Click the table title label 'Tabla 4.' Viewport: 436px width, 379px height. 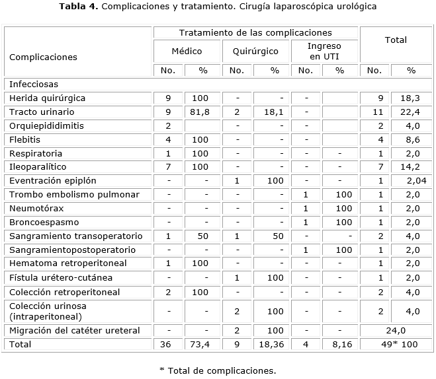tap(79, 7)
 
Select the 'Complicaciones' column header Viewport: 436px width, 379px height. tap(43, 57)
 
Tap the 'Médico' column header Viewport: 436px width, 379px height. tap(187, 51)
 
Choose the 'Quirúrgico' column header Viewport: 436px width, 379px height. tap(255, 51)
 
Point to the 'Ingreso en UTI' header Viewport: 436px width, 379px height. tap(325, 51)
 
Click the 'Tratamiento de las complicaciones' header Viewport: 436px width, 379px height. tap(255, 32)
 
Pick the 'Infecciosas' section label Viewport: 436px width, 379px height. tap(34, 84)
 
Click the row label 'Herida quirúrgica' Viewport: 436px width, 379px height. tap(47, 98)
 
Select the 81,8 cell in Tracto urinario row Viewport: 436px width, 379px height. tap(199, 112)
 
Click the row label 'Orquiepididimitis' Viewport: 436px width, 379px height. tap(46, 125)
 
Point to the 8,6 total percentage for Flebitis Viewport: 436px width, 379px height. tap(411, 139)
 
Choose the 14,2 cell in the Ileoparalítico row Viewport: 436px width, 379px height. tap(411, 166)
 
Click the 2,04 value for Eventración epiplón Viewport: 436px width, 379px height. tap(415, 180)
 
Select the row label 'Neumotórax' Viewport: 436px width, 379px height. tap(36, 208)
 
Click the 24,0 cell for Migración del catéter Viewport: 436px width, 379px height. tap(395, 330)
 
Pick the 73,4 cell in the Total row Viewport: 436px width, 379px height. tap(199, 344)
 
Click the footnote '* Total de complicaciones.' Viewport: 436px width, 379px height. tap(217, 370)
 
